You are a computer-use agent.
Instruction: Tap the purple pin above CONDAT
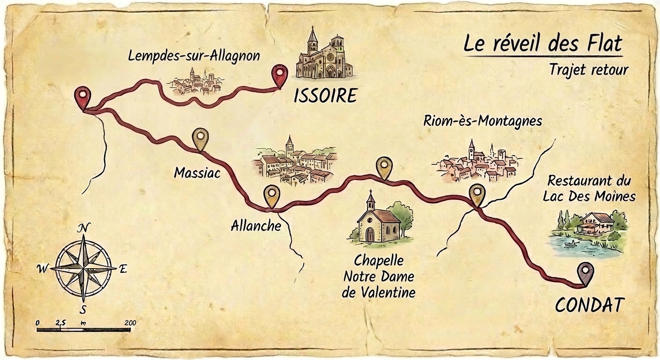point(585,272)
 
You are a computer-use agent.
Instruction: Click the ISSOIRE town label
point(325,96)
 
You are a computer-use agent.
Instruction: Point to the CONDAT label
point(590,305)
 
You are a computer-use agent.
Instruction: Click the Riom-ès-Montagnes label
point(482,121)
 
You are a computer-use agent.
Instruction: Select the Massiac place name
point(197,173)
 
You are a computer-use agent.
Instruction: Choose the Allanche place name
point(256,226)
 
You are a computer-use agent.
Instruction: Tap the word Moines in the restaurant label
point(615,196)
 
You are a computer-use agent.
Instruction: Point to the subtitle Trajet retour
point(588,70)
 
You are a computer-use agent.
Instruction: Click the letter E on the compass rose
point(123,269)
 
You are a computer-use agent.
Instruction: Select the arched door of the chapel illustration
point(370,234)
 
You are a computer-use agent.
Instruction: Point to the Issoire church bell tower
point(313,40)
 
